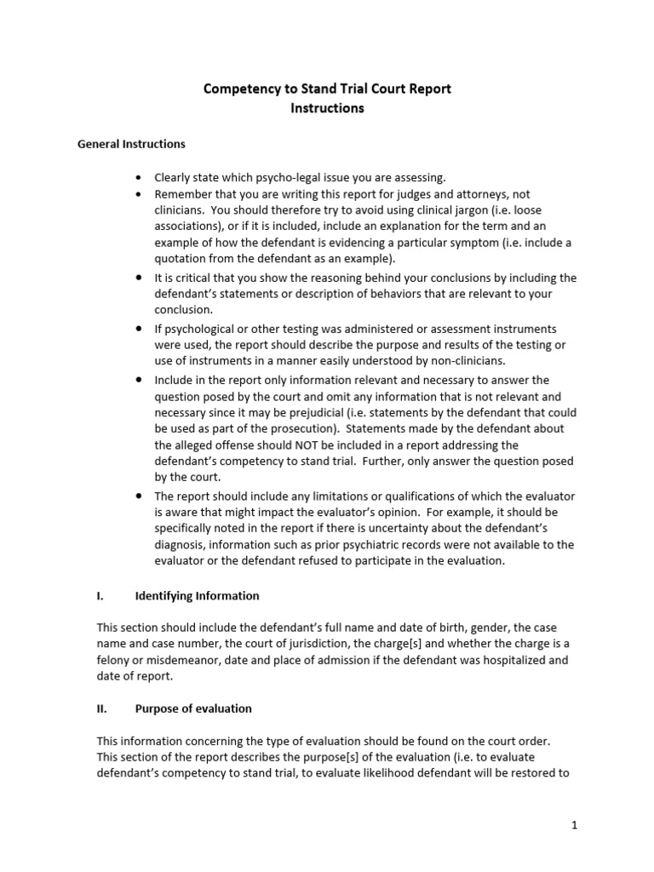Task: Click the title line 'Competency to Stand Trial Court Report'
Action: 327,89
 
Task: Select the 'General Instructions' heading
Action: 131,144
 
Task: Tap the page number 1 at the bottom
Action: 575,825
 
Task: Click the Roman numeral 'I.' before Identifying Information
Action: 100,596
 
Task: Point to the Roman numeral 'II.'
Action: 102,708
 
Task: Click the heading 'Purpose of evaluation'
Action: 193,708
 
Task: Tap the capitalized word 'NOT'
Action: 318,445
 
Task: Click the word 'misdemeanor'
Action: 182,661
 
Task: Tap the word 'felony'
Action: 116,661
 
